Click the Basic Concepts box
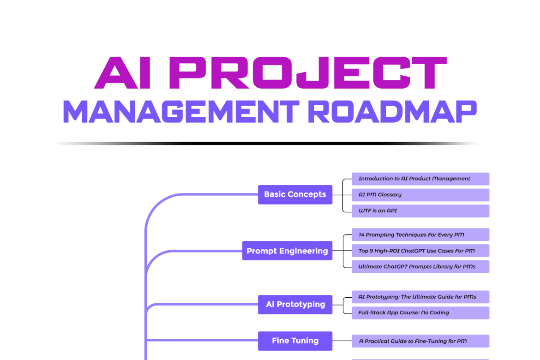pos(295,194)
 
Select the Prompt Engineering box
pos(287,251)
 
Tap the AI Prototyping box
pos(295,305)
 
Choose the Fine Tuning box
pos(295,341)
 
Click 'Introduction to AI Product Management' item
pos(420,179)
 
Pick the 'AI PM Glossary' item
pos(420,195)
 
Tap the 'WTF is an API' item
pos(420,211)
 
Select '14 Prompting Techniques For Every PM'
pos(420,235)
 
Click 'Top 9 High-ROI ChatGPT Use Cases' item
pos(420,251)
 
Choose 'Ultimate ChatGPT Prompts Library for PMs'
pos(420,267)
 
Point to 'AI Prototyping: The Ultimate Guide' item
pos(420,297)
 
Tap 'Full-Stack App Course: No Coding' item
pos(420,313)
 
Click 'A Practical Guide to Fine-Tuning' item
pos(420,342)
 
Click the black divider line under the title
pos(270,144)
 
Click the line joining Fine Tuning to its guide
pos(342,341)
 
